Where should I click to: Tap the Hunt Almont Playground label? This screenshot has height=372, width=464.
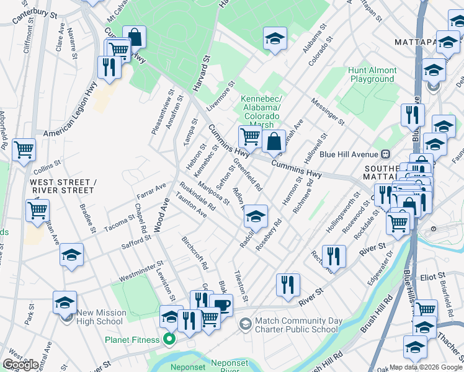click(x=372, y=75)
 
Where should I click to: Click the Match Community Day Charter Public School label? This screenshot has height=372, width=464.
click(x=304, y=324)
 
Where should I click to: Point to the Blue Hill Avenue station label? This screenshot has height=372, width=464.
click(x=347, y=154)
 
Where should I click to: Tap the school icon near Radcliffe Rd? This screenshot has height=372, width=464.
click(x=255, y=217)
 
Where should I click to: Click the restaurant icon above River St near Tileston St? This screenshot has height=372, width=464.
click(x=287, y=285)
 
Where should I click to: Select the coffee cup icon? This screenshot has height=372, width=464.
click(x=221, y=305)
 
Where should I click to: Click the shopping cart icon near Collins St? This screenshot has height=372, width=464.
click(x=24, y=149)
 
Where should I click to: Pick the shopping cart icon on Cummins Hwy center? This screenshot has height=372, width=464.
click(x=249, y=136)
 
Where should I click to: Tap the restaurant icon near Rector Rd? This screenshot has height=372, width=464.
click(x=334, y=255)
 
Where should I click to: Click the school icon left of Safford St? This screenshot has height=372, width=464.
click(x=71, y=255)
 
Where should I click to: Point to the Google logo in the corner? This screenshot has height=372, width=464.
click(x=21, y=365)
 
